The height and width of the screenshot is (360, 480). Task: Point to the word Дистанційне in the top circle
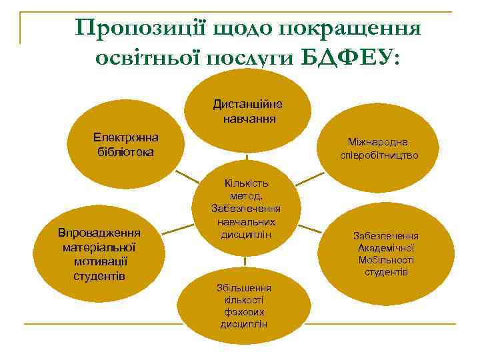pos(247,104)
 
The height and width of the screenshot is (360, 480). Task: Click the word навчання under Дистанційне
pos(247,119)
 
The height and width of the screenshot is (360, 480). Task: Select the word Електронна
pos(125,137)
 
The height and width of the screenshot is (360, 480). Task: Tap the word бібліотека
pos(125,152)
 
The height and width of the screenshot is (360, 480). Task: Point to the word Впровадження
pos(98,233)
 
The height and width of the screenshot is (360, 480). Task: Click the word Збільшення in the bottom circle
pos(244,288)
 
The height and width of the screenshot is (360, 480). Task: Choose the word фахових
pos(244,312)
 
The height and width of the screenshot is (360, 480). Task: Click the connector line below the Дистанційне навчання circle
pos(247,157)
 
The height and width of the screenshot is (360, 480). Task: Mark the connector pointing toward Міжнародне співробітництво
pos(309,179)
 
